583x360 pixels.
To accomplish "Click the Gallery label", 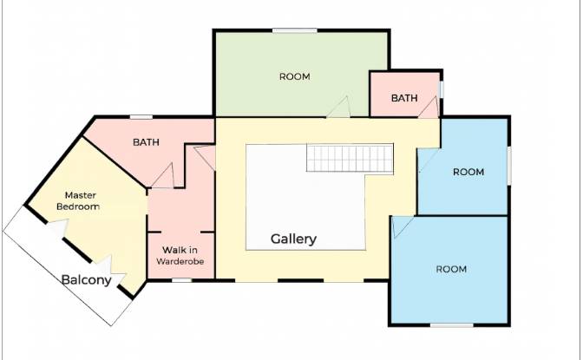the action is (293, 239).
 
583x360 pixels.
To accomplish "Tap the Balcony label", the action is (86, 279).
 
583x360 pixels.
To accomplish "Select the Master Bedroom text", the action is (78, 201).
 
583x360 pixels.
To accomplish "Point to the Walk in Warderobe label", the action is (180, 256).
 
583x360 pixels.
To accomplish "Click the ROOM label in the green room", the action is (295, 76).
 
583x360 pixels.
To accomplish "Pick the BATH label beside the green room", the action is (404, 98).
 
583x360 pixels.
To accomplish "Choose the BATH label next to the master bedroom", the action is (146, 142).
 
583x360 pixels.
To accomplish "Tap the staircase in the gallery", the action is (350, 158).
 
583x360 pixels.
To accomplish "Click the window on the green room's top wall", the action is (294, 30).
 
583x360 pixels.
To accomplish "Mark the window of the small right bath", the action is (442, 89).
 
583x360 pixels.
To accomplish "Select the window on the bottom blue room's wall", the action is (452, 325).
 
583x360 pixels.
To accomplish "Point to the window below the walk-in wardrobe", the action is (182, 280).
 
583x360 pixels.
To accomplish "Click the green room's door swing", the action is (339, 107).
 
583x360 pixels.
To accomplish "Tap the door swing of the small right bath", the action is (429, 108).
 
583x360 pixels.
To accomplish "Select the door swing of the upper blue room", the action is (429, 160).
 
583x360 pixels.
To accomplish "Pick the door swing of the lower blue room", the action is (403, 226).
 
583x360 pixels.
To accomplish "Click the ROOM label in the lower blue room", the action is (451, 269).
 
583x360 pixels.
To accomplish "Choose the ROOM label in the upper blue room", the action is (468, 172).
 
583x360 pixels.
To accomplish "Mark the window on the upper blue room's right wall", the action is (509, 166).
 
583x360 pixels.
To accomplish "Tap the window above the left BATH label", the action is (141, 117).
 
